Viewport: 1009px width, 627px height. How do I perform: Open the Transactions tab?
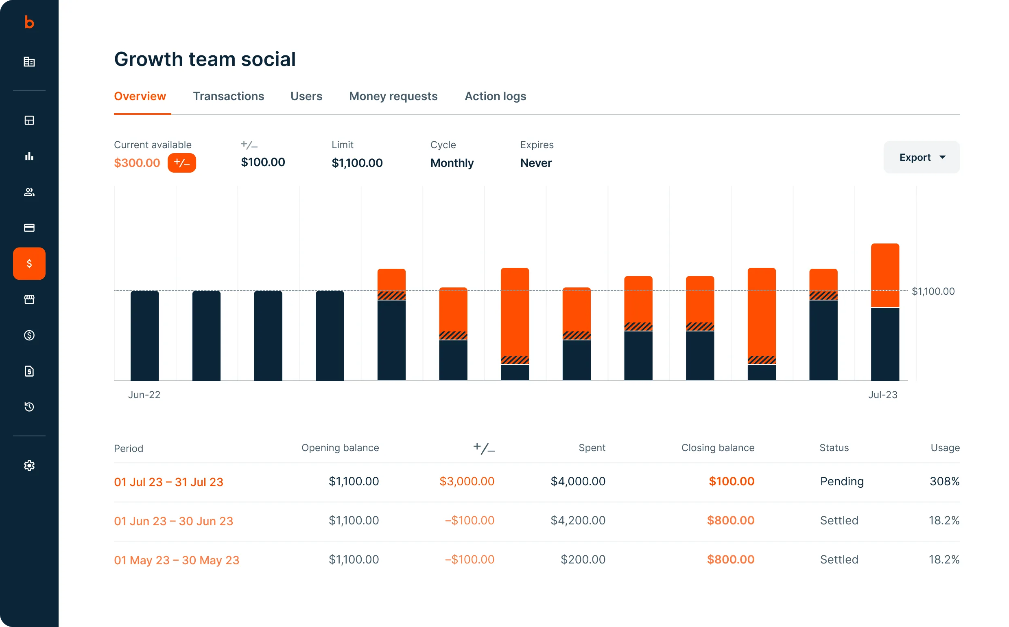tap(228, 96)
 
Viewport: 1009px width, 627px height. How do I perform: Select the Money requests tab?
tap(393, 96)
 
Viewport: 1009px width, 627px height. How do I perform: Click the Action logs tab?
tap(495, 96)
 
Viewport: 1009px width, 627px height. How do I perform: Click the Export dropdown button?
tap(921, 157)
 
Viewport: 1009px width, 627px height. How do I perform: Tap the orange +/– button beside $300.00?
tap(181, 162)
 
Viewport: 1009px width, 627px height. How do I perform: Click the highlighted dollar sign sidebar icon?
tap(29, 263)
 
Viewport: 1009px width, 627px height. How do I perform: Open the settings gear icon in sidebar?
tap(29, 465)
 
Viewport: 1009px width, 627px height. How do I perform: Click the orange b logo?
tap(29, 22)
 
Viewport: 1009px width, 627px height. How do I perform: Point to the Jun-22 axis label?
tap(144, 395)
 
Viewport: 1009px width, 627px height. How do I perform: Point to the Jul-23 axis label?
tap(882, 395)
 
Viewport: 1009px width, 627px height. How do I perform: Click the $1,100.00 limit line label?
tap(933, 291)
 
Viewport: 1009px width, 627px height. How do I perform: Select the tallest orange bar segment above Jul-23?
tap(885, 274)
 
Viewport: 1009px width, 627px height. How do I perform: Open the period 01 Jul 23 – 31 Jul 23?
tap(169, 482)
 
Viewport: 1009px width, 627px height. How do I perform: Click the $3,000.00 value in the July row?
tap(467, 481)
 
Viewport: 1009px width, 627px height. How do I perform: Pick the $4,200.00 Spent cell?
tap(578, 520)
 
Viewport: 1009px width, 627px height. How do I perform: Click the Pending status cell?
tap(842, 481)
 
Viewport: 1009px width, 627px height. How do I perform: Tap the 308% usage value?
tap(944, 481)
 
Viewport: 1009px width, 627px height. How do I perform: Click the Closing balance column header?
tap(718, 447)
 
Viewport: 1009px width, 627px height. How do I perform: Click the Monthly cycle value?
tap(452, 163)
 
